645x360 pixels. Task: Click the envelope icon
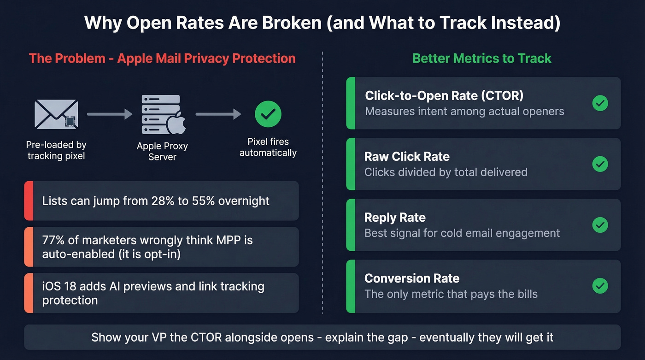point(56,114)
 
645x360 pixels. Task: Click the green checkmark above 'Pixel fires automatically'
point(268,114)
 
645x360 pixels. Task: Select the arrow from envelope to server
point(109,114)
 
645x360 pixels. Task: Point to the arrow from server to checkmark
point(218,114)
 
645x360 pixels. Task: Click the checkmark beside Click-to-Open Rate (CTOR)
point(600,103)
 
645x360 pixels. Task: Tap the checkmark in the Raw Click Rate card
point(600,164)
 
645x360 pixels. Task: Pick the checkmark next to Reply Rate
point(600,225)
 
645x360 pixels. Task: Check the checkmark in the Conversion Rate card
point(600,286)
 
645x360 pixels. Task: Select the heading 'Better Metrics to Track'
point(482,59)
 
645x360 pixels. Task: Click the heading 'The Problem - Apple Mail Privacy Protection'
point(162,59)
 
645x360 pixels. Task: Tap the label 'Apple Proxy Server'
point(162,152)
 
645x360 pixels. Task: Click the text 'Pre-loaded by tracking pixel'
point(56,150)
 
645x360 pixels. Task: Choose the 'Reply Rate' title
point(395,218)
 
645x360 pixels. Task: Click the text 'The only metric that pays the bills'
point(451,294)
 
